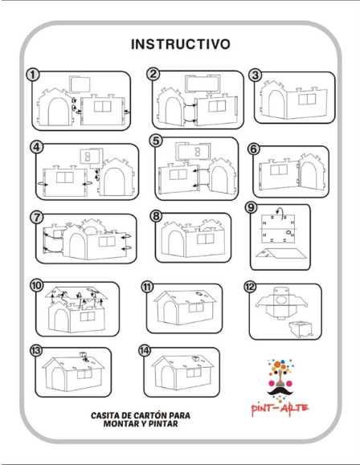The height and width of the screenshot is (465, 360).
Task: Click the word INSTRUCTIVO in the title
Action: click(x=181, y=44)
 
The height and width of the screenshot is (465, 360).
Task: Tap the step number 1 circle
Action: click(x=33, y=75)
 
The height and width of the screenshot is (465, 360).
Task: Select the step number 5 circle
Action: click(x=156, y=141)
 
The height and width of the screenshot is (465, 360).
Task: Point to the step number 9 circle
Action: click(x=251, y=207)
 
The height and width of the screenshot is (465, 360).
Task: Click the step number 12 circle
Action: click(x=250, y=287)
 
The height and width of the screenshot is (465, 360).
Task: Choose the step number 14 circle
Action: click(x=145, y=350)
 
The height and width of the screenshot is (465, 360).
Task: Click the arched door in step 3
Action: click(x=276, y=104)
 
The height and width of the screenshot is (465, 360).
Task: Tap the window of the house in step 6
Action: click(x=279, y=169)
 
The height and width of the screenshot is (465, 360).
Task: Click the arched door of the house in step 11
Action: click(x=170, y=312)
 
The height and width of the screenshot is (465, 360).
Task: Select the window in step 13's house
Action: click(x=84, y=374)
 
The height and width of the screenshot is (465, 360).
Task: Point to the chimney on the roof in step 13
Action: click(x=84, y=356)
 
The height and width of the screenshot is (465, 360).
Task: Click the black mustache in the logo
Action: click(x=280, y=391)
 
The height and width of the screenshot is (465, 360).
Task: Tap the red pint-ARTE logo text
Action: click(x=280, y=410)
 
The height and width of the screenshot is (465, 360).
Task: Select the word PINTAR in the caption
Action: click(x=163, y=423)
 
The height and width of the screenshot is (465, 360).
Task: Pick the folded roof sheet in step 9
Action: click(x=280, y=254)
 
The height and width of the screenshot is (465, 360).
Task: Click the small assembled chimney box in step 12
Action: click(x=301, y=328)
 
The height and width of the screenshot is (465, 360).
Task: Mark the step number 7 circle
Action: click(x=37, y=218)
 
